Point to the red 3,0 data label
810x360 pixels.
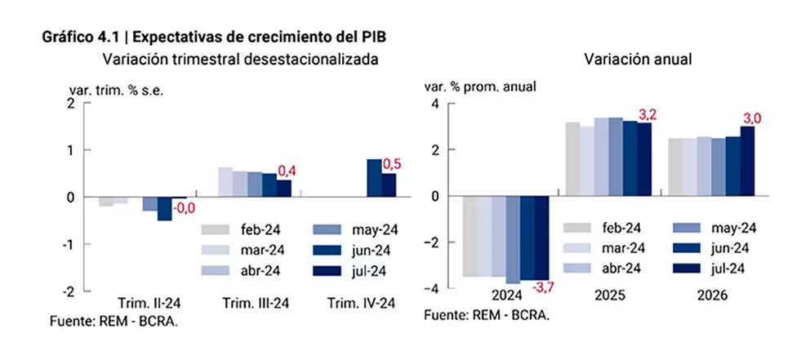pos(751,119)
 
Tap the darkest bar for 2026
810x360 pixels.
pos(747,161)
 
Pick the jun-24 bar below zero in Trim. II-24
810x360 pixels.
pos(164,209)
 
